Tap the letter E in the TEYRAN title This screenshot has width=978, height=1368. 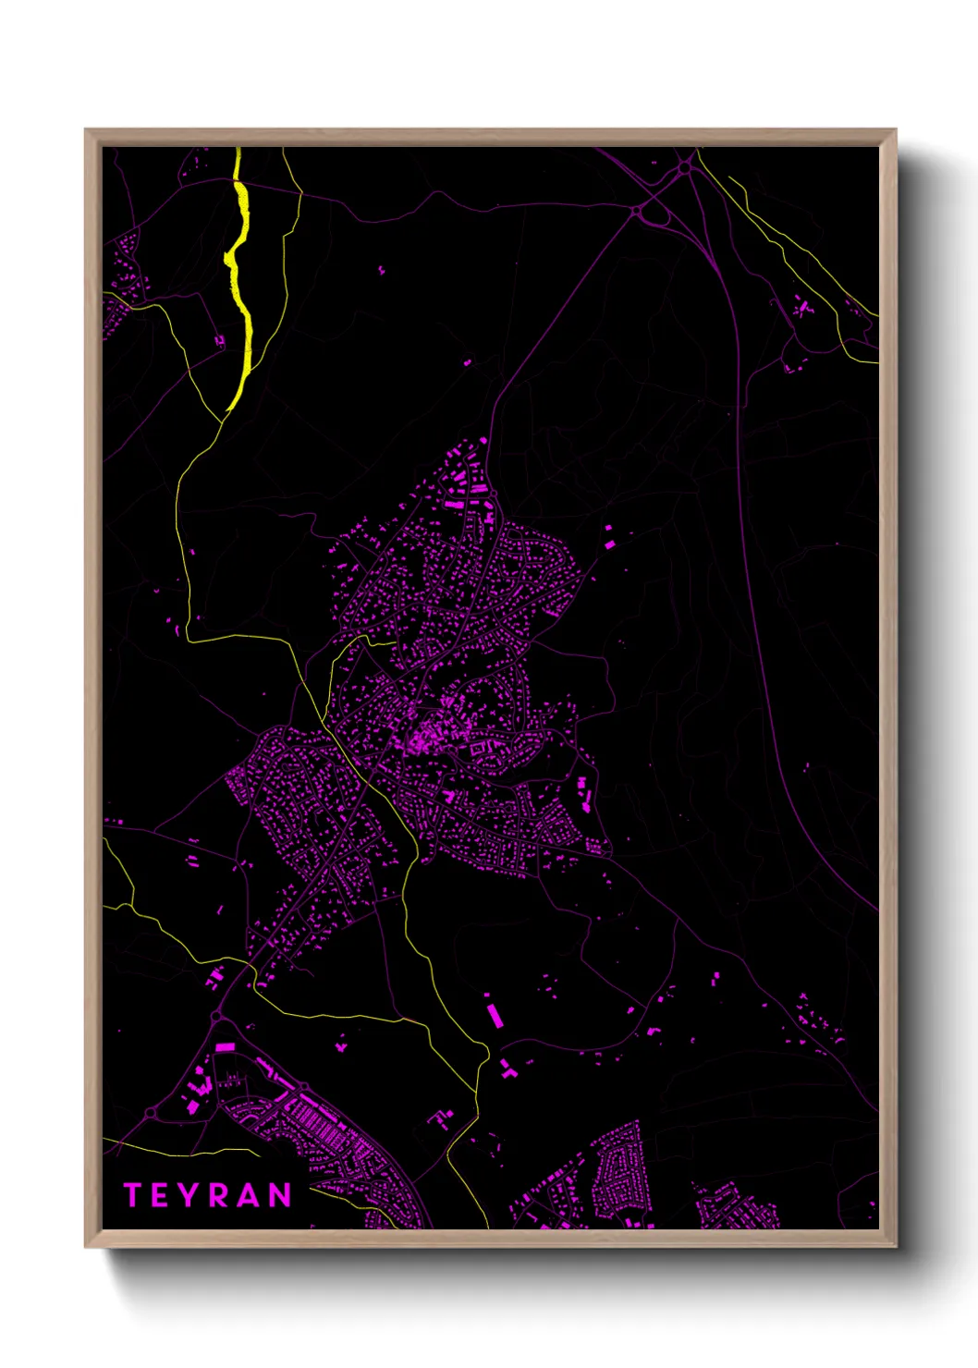point(158,1195)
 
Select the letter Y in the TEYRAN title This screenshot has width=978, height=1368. point(186,1195)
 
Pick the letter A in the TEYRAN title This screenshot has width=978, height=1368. point(249,1195)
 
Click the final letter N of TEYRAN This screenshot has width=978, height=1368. point(280,1195)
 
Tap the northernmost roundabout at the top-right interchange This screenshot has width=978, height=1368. point(684,167)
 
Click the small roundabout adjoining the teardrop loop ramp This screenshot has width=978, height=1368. point(637,212)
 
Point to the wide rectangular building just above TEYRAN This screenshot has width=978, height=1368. point(225,1047)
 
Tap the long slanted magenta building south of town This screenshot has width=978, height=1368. point(495,1012)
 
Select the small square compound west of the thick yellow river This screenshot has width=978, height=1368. point(219,341)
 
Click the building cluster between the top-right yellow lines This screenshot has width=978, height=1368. point(801,309)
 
